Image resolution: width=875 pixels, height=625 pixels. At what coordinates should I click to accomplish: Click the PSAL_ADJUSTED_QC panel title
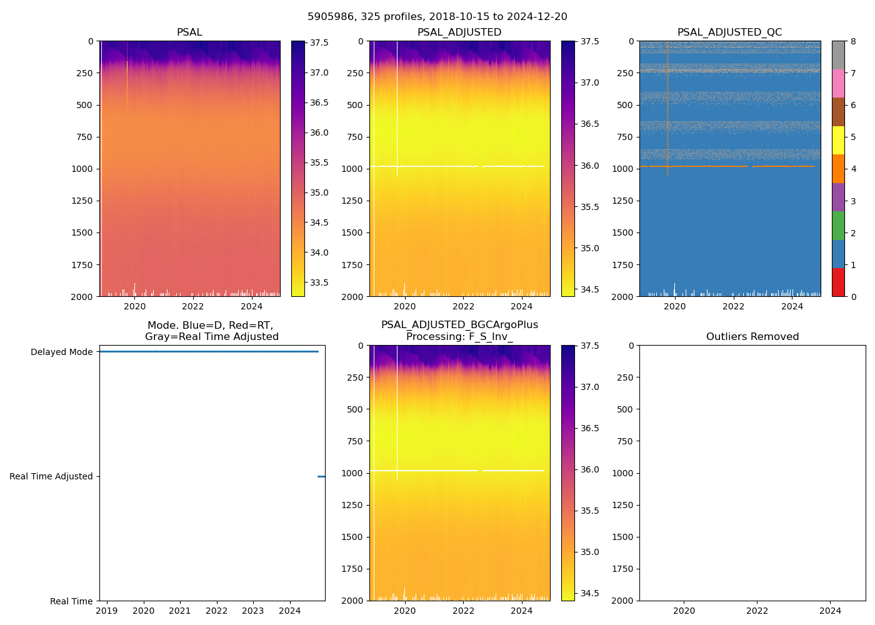[x=729, y=32]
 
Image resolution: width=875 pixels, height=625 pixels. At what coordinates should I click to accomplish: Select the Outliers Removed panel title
[x=752, y=337]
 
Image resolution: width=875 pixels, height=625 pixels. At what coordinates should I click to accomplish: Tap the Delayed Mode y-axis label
[x=61, y=352]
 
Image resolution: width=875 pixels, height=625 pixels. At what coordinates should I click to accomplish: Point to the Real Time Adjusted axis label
[x=51, y=476]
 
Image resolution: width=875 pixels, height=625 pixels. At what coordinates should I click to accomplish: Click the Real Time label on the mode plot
[x=71, y=601]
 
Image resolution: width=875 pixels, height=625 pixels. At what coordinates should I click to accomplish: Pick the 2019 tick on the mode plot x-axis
[x=107, y=611]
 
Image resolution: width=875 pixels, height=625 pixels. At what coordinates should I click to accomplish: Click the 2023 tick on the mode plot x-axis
[x=253, y=611]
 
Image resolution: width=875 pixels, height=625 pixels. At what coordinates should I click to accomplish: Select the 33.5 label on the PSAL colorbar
[x=319, y=282]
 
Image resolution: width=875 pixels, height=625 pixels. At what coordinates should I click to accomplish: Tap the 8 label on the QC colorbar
[x=852, y=41]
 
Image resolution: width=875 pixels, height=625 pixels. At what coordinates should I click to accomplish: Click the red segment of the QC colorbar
[x=838, y=282]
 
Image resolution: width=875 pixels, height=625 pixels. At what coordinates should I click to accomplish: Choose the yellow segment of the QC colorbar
[x=838, y=140]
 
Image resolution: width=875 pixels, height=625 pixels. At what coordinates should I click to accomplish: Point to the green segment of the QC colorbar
[x=838, y=225]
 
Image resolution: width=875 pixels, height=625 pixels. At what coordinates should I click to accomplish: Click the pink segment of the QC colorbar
[x=838, y=83]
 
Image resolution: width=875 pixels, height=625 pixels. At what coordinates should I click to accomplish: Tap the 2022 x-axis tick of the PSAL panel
[x=193, y=306]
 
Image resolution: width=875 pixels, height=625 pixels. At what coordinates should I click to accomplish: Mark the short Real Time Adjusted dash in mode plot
[x=321, y=476]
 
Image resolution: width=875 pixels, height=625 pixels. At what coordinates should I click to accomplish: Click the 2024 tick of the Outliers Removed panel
[x=831, y=611]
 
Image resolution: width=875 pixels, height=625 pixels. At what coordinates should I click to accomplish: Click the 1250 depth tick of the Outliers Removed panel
[x=622, y=505]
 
